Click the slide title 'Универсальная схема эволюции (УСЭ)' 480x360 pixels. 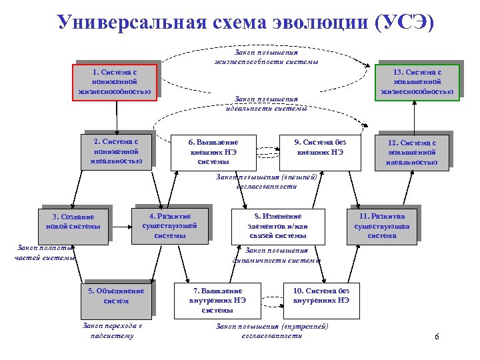point(245,22)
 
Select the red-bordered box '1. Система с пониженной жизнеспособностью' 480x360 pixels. point(115,81)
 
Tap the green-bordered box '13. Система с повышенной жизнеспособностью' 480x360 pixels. point(417,81)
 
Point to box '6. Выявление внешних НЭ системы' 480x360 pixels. point(213,151)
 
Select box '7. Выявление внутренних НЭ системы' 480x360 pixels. point(216,301)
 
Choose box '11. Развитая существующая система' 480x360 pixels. point(381,225)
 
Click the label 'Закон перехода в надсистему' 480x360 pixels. point(111,331)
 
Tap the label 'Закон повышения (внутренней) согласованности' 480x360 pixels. point(272,331)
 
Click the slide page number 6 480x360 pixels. point(437,336)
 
